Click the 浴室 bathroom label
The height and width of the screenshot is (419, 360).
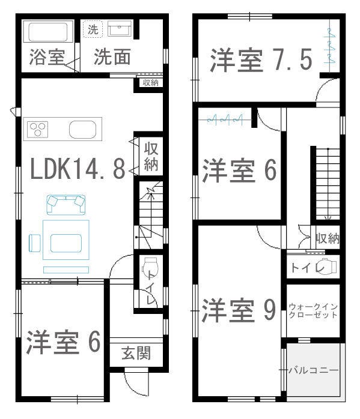pos(47,58)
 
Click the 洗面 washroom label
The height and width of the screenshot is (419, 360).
pos(112,58)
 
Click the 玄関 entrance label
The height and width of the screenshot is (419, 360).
pos(136,354)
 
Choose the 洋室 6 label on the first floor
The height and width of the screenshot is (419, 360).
pos(63,342)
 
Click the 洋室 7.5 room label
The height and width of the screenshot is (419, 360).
pos(261,61)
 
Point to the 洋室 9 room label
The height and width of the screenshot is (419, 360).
pos(239,310)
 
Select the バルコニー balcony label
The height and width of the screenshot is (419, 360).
pos(314,370)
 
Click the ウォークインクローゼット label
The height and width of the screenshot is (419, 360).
pos(313,310)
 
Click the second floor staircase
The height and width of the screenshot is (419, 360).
pos(325,183)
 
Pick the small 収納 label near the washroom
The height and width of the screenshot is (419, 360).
pos(150,83)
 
